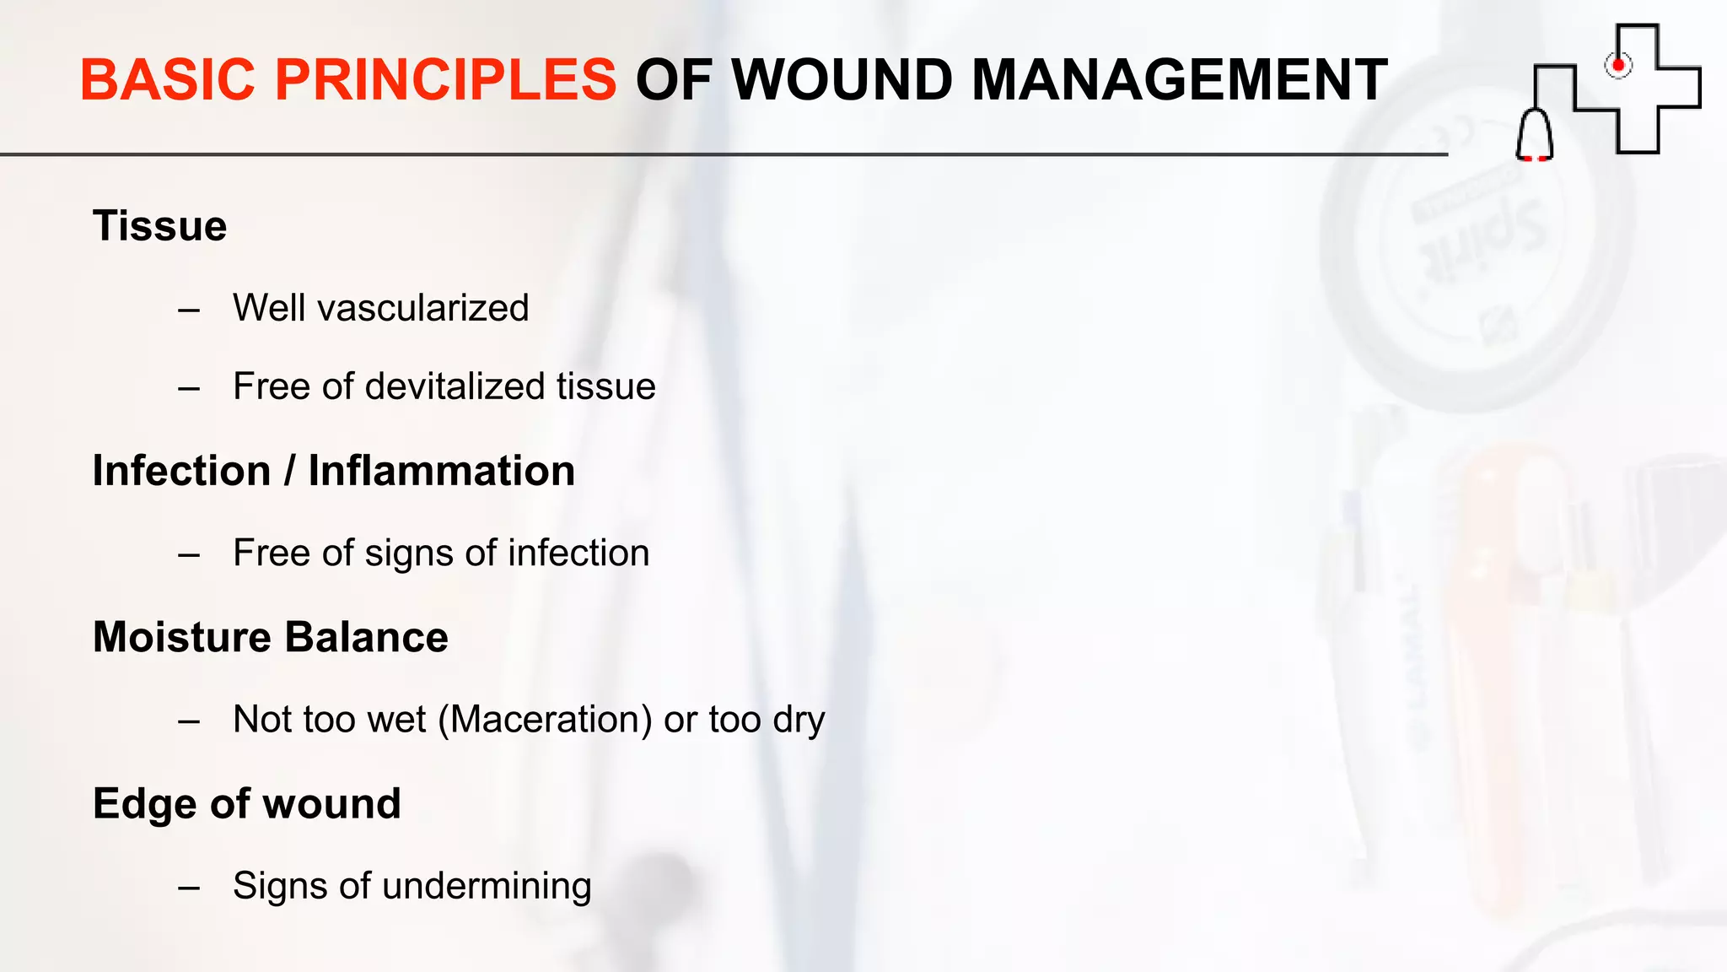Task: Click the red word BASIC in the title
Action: (x=167, y=80)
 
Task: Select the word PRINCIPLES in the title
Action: (x=446, y=80)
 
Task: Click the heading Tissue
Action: (x=159, y=226)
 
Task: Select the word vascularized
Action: (x=422, y=308)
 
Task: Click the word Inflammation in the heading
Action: (x=441, y=471)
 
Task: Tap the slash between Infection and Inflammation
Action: (x=289, y=471)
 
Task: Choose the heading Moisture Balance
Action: (x=270, y=637)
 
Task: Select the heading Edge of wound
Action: (x=246, y=803)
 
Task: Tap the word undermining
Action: (x=487, y=887)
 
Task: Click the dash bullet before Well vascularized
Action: (x=189, y=310)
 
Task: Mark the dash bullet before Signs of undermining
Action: (x=189, y=888)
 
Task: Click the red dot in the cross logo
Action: (x=1617, y=65)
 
